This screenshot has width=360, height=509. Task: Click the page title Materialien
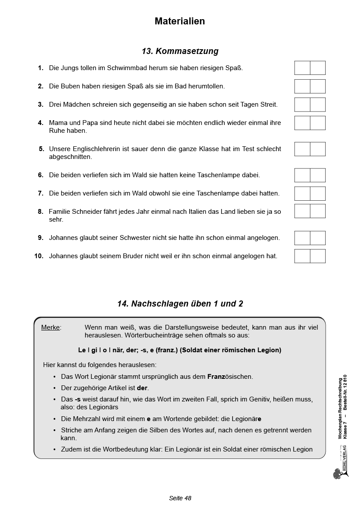pyautogui.click(x=180, y=21)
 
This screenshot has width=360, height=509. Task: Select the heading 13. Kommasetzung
pyautogui.click(x=180, y=51)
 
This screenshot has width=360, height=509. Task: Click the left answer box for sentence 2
pyautogui.click(x=302, y=86)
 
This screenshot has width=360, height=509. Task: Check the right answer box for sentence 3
pyautogui.click(x=318, y=104)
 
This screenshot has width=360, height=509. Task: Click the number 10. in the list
pyautogui.click(x=39, y=256)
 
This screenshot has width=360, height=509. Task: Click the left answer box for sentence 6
pyautogui.click(x=302, y=175)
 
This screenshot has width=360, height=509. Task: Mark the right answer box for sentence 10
pyautogui.click(x=318, y=256)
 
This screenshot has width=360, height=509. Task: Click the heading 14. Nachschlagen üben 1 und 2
pyautogui.click(x=180, y=304)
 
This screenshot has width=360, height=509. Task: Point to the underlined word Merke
pyautogui.click(x=50, y=327)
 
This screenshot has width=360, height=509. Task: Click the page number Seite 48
pyautogui.click(x=180, y=498)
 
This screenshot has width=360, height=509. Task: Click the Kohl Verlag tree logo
pyautogui.click(x=338, y=474)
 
